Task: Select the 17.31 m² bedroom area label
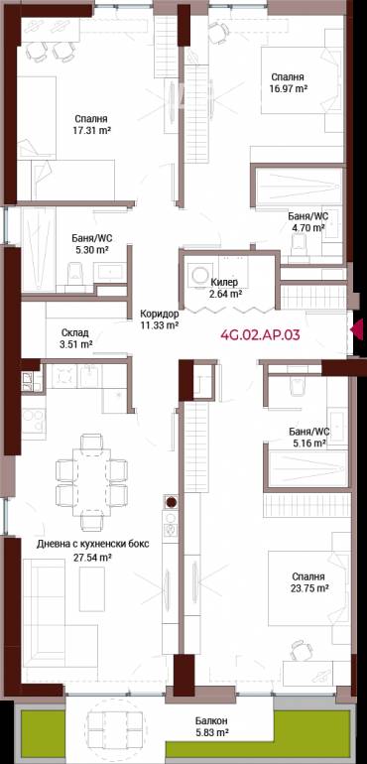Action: click(x=91, y=124)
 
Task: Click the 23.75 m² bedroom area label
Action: click(x=306, y=582)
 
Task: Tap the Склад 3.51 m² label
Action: click(x=76, y=338)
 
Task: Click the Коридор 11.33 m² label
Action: click(x=159, y=318)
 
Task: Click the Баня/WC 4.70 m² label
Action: click(x=306, y=221)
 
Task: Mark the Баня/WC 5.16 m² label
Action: click(x=309, y=437)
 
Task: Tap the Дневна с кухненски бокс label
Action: click(x=92, y=545)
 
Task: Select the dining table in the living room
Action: click(x=91, y=481)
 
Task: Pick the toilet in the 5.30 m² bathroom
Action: click(x=74, y=274)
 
